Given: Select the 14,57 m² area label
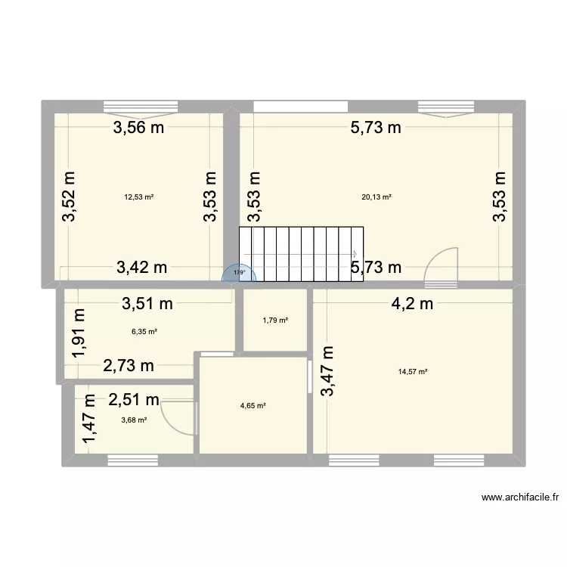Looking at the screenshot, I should click(413, 371).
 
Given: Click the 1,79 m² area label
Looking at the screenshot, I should click(275, 321).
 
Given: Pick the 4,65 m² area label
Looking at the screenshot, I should click(253, 406).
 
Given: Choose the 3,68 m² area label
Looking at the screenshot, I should click(133, 420).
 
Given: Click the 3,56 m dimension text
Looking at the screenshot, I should click(139, 128).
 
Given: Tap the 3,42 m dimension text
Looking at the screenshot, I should click(141, 266).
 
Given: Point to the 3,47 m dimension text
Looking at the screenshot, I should click(328, 370).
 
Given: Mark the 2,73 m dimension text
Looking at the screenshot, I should click(129, 366).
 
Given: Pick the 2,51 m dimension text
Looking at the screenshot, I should click(133, 400).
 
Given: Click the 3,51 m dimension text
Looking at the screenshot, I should click(148, 305).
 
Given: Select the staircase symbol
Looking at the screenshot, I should click(301, 254).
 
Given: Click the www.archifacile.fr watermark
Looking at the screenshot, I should click(519, 497).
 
